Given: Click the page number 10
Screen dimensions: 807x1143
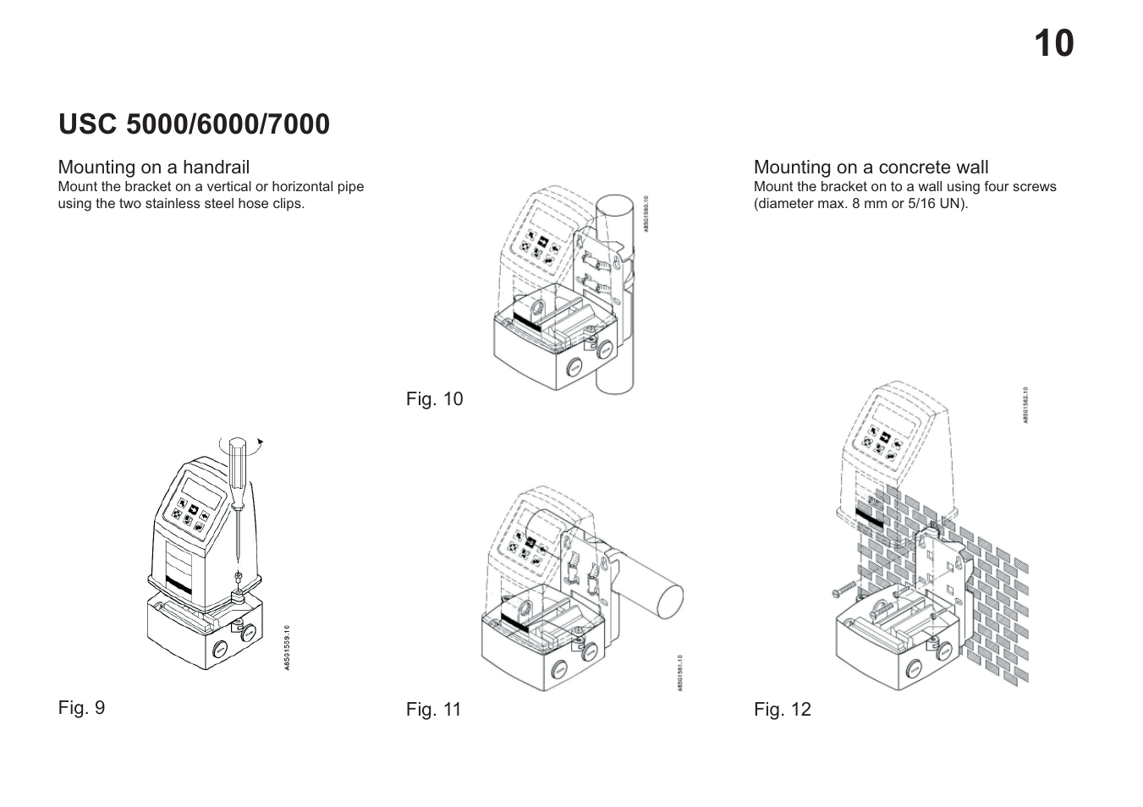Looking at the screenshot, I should coord(1053,44).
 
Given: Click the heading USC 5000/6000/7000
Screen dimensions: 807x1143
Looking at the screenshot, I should coord(194,124).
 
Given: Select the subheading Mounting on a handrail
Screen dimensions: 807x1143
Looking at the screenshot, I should coord(153,167).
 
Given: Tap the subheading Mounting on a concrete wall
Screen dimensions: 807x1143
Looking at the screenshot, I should coord(871,167).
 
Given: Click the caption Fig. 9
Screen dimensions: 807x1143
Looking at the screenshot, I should coord(81,707).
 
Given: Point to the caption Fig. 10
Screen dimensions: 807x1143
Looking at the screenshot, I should coord(434,398).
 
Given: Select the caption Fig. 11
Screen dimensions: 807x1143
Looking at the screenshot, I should coord(433,709).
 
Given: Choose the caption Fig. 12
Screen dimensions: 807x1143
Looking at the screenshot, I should coord(782,709).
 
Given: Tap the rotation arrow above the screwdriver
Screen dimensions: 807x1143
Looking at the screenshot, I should coord(259,441).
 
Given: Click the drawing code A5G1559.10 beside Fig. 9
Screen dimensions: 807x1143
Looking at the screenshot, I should coord(287,647).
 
